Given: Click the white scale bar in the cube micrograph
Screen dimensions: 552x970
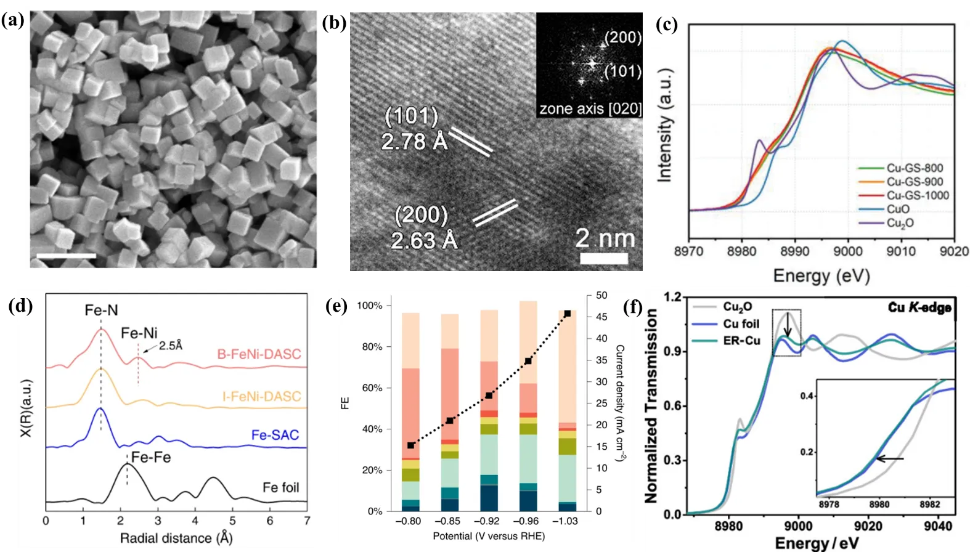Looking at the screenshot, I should tap(66, 256).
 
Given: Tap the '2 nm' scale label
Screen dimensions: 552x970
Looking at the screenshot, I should tap(605, 238).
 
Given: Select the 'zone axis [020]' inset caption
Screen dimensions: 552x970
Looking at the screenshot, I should tap(590, 109).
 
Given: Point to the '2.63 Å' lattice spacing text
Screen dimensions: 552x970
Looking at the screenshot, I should tap(424, 240).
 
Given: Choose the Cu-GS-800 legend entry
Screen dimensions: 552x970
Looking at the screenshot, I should tap(915, 168).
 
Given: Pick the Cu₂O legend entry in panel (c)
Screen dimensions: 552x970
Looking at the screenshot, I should tap(900, 223).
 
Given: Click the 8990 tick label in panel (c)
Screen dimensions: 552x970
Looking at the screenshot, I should tap(794, 251).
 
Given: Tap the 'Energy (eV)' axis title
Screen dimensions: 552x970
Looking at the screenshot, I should tap(821, 275).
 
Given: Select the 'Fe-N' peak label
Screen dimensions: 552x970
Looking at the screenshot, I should tap(101, 310).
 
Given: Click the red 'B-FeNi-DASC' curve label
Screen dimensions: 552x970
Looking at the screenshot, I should tap(259, 354).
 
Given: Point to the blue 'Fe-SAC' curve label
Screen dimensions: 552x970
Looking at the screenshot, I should tap(275, 435).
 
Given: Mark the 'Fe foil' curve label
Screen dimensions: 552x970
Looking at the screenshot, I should tap(280, 487).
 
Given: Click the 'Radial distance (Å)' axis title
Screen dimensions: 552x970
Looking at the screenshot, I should tap(176, 538).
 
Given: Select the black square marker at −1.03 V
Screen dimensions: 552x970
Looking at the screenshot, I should tap(568, 314).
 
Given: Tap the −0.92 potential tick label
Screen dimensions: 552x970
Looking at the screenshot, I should tap(488, 521).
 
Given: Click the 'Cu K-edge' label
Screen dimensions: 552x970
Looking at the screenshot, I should tap(919, 307).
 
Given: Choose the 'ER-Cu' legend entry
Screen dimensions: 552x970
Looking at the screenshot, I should tap(741, 341).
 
